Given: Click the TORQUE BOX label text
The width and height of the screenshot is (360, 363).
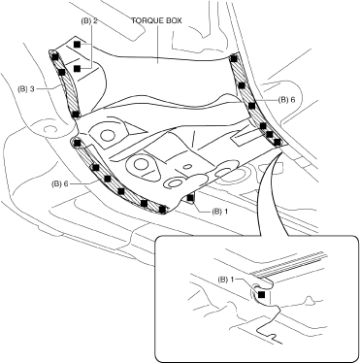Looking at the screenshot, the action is coord(156,20).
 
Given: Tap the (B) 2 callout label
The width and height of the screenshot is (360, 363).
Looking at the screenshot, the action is coord(89,20).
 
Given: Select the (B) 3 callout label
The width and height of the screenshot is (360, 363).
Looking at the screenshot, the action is coord(26,88).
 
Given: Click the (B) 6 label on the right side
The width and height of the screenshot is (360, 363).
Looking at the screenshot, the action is coord(286,100).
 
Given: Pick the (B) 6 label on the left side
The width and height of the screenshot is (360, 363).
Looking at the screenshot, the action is coord(60,183).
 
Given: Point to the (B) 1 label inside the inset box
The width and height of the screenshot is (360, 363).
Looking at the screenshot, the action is coord(226,279).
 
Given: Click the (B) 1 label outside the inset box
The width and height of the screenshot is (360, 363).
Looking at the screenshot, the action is coord(219,212).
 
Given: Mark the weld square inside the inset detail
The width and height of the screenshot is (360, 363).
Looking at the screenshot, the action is coord(261,294).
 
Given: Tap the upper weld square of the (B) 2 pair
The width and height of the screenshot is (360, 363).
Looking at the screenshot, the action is coord(77,45).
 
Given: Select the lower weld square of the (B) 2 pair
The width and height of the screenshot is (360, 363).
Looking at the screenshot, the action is coord(77,68).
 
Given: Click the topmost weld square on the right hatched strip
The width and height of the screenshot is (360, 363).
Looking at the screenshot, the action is coord(234,58).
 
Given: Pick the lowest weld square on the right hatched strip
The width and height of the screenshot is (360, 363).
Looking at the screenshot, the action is coord(277,142).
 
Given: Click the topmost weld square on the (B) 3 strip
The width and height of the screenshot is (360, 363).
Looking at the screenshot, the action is coord(55,57).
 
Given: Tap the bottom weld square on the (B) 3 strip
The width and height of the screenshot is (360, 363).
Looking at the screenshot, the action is coord(75,114).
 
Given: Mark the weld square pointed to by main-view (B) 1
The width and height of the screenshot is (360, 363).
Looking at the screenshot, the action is coord(190,197).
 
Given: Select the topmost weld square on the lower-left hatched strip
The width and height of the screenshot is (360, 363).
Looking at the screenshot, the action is coord(77,143).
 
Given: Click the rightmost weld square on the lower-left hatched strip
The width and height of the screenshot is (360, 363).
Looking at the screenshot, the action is coord(163,210).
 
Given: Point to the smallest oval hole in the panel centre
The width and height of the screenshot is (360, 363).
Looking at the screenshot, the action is coord(187,167).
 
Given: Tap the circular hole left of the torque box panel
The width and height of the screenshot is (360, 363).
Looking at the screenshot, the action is coord(49,130).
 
